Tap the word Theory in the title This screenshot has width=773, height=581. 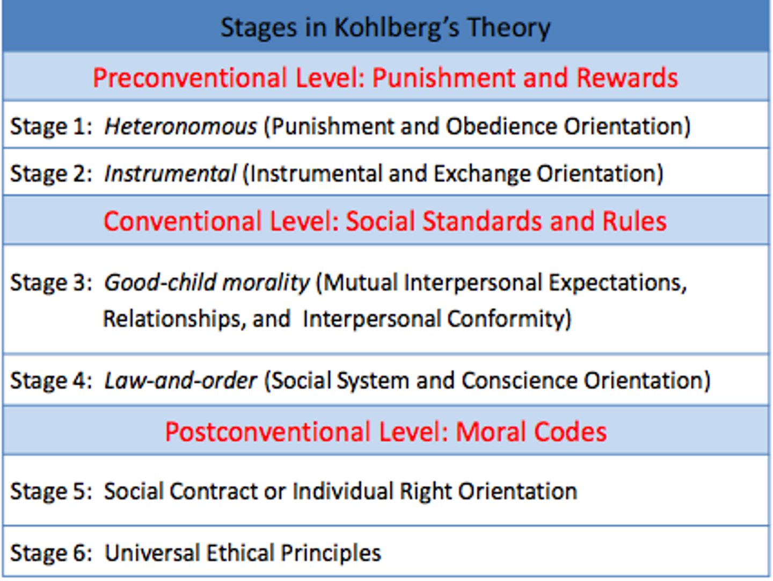508,28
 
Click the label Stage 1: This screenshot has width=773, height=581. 51,127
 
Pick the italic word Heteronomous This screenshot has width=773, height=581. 180,127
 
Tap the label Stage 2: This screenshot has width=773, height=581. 51,174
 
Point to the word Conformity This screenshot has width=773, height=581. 509,319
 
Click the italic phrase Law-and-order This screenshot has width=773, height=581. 180,381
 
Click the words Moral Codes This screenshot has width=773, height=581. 531,432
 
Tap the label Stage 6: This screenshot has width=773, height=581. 51,553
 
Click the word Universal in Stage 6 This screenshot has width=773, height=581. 152,553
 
